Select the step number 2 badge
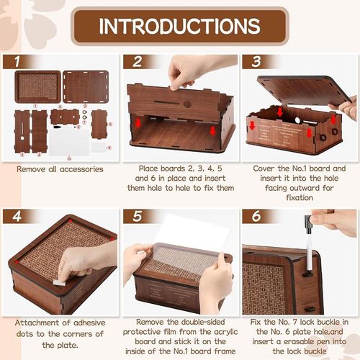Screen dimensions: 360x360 [136, 62]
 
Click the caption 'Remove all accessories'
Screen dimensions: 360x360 [60, 169]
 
